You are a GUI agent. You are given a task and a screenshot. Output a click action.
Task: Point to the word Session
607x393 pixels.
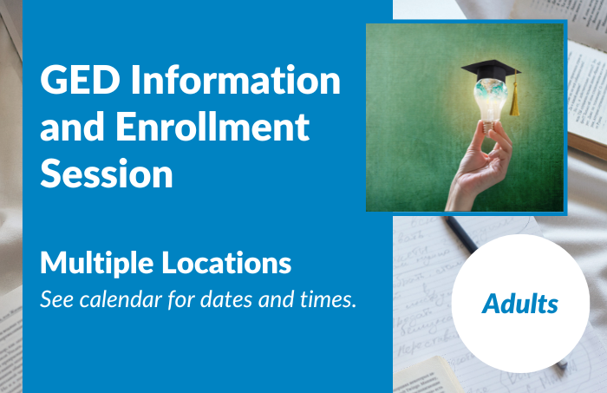107,174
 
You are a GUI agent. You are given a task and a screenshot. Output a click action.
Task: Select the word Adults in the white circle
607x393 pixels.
520,305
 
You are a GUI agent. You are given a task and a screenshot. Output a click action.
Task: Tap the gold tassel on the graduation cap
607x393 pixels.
514,102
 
